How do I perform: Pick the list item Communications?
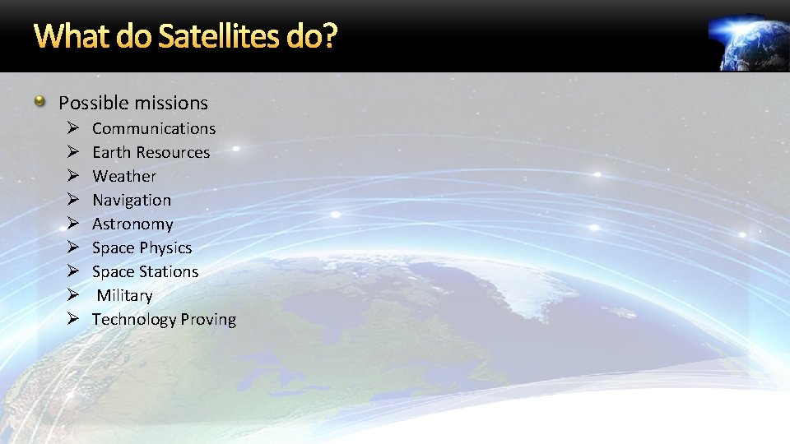click(x=154, y=128)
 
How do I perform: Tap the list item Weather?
click(x=123, y=176)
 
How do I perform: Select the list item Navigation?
click(x=132, y=200)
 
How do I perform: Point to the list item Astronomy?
click(x=132, y=224)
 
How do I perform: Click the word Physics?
click(x=165, y=247)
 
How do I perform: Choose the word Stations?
click(x=168, y=271)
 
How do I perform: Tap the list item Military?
click(x=124, y=295)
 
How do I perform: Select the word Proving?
click(x=208, y=319)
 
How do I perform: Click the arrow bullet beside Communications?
click(x=72, y=128)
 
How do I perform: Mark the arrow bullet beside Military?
click(x=72, y=295)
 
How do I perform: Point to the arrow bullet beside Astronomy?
click(x=72, y=224)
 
